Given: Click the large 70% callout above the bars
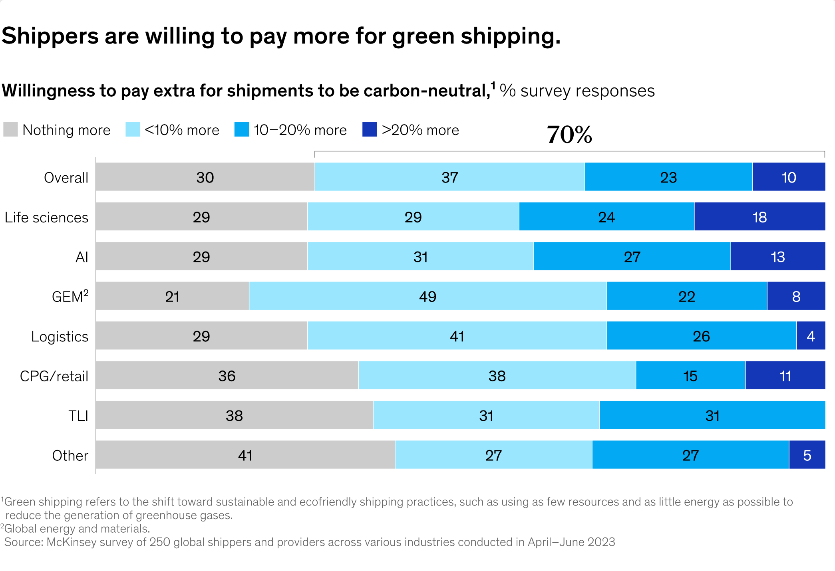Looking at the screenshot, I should tap(569, 135).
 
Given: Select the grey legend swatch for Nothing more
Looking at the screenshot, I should tap(10, 130).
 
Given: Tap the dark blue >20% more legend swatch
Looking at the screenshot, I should tap(369, 130).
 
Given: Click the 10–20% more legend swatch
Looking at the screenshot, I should tap(241, 130).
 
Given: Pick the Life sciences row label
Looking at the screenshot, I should tap(46, 218).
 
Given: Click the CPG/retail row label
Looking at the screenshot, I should tap(54, 376).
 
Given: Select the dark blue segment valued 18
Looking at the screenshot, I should tap(759, 217).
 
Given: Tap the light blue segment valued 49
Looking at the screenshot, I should tap(427, 296).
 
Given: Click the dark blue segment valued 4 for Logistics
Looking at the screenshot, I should tap(810, 336).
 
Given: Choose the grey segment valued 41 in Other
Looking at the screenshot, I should tap(245, 455).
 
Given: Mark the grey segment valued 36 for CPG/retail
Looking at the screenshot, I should tap(227, 376).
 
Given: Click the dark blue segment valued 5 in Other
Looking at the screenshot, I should tap(807, 455).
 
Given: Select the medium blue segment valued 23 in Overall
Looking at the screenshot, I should tap(668, 177).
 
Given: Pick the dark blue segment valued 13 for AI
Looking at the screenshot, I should tap(777, 256).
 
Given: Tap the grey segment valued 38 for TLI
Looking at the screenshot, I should tap(234, 415).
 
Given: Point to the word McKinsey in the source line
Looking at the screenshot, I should tap(72, 542).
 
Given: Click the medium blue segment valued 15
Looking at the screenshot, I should tap(690, 376).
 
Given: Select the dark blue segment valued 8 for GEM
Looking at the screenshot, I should tap(796, 296).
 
